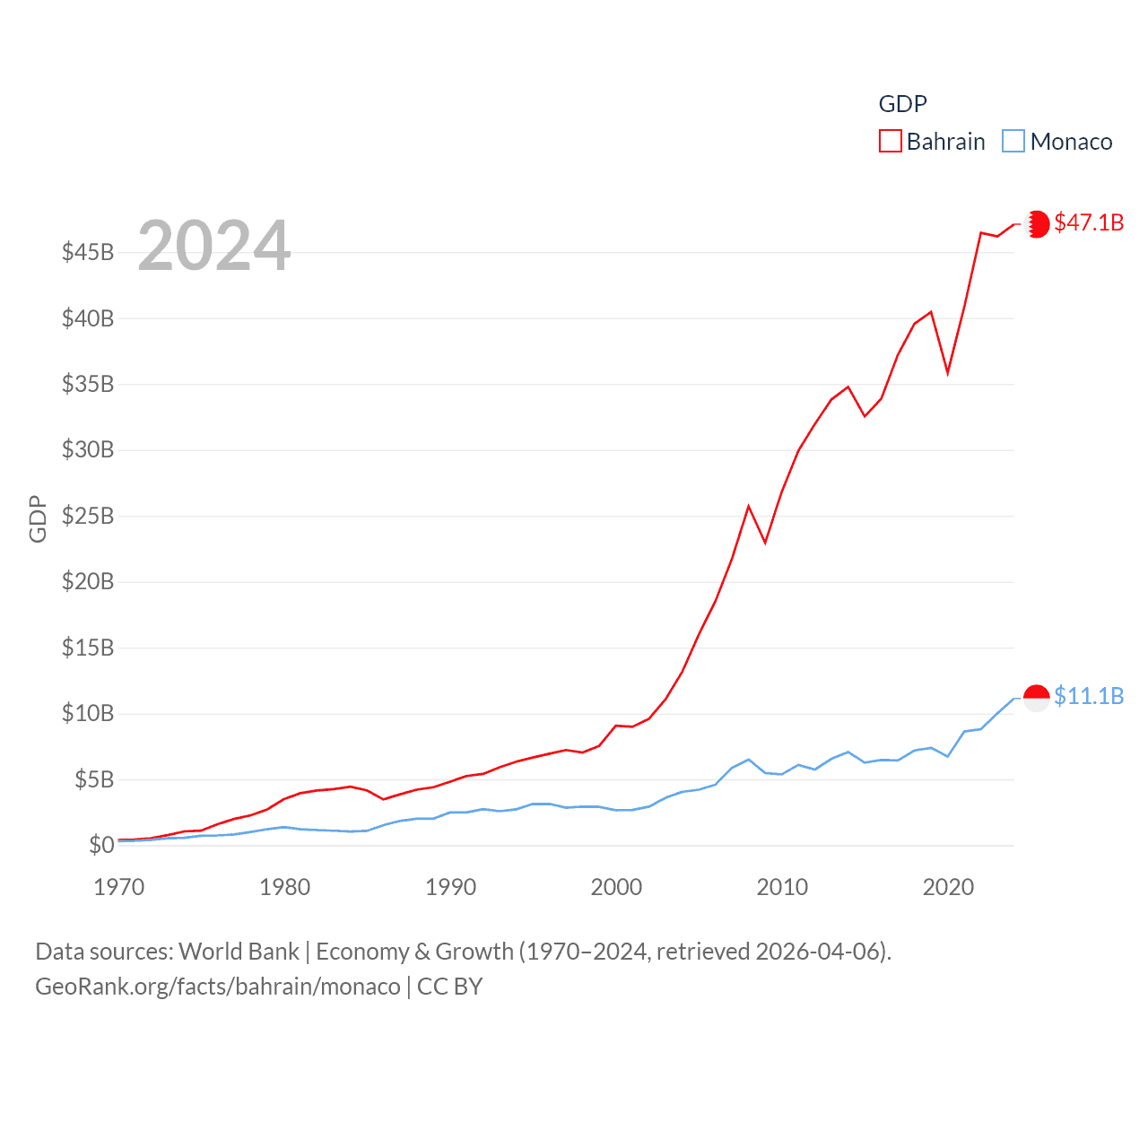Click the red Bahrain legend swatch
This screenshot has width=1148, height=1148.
890,142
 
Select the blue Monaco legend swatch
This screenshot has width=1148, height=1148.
1013,142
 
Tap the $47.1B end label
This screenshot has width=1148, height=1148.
1089,222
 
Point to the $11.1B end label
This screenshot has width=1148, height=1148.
1089,696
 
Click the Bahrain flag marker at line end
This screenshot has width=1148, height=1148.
1037,223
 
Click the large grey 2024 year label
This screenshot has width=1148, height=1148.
213,246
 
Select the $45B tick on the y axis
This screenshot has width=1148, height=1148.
88,252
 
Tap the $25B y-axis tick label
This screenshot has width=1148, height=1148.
88,516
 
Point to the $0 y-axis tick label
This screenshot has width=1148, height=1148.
101,845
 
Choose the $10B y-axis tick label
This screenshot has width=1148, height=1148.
88,713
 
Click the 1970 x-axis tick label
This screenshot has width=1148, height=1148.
119,887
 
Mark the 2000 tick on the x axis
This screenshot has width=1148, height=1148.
616,887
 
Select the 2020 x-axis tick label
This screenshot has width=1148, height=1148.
948,887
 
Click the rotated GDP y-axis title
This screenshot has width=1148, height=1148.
38,518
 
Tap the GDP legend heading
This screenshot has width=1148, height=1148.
902,104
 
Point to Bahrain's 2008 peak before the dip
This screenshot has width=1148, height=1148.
749,507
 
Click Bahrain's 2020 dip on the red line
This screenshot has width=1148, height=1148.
948,372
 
